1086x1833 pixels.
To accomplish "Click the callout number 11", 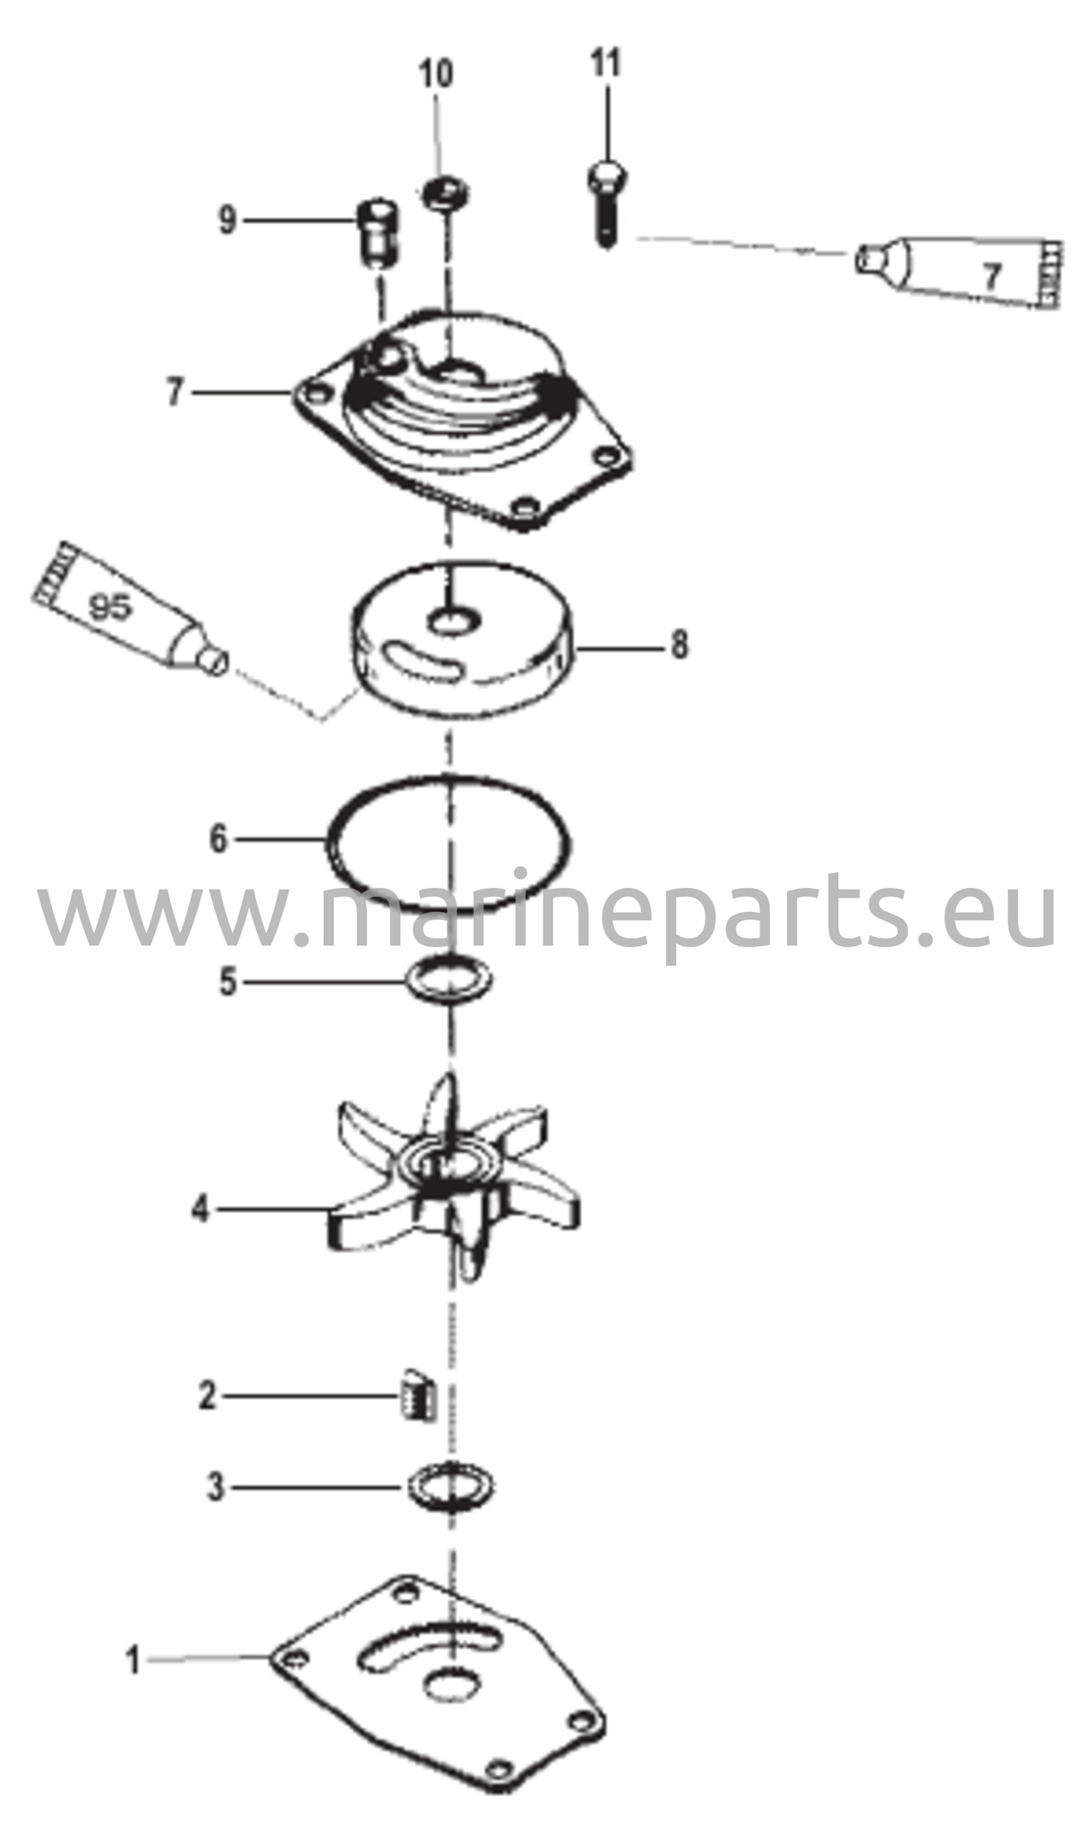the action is pyautogui.click(x=605, y=64).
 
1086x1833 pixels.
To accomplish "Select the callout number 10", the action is pyautogui.click(x=437, y=74).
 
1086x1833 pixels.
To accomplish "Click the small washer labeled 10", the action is pyautogui.click(x=445, y=191).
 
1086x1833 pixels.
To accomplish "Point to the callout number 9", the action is pyautogui.click(x=228, y=219).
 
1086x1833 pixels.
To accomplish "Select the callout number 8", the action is pyautogui.click(x=680, y=644).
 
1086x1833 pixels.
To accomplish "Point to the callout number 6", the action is pyautogui.click(x=218, y=840).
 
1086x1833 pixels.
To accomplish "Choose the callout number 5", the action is pyautogui.click(x=228, y=982).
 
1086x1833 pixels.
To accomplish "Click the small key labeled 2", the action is pyautogui.click(x=415, y=1395).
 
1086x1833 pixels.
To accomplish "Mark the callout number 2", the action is pyautogui.click(x=207, y=1396).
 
